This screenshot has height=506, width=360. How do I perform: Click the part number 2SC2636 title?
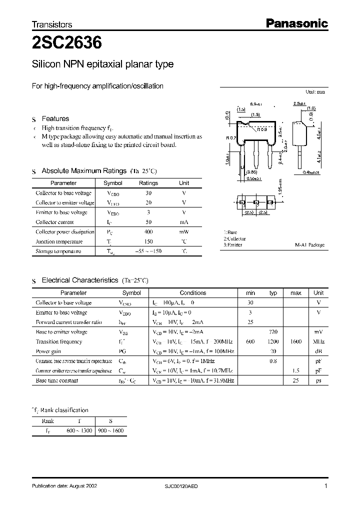(67, 43)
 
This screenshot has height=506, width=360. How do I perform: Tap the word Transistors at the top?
(52, 24)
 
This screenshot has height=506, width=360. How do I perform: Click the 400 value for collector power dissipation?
(148, 232)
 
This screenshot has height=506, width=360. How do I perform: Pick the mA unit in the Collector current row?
(184, 222)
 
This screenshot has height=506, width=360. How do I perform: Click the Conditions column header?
(192, 293)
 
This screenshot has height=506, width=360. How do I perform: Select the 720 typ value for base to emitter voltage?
(273, 332)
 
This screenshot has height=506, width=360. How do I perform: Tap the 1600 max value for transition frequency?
(295, 341)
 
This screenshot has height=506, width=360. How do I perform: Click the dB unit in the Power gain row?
(318, 351)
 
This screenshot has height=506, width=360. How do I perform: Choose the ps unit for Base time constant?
(318, 380)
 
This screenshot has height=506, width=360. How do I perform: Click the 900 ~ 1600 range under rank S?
(111, 430)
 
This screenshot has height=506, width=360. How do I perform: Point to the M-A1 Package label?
(309, 245)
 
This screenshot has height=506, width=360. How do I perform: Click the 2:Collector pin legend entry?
(235, 239)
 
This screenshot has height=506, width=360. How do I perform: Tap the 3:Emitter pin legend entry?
(233, 245)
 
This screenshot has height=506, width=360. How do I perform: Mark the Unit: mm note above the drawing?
(314, 92)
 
